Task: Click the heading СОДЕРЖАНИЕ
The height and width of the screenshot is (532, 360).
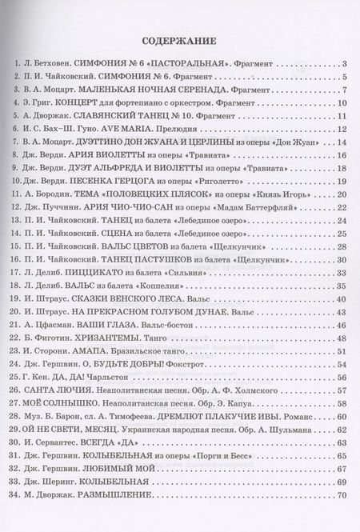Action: [179, 42]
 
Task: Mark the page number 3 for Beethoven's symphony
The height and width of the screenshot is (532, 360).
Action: [342, 64]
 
